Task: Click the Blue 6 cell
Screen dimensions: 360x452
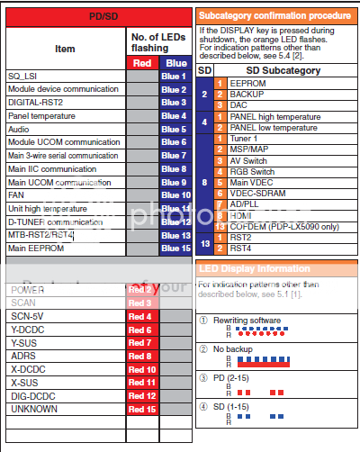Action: click(174, 142)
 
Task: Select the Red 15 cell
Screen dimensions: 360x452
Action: click(141, 410)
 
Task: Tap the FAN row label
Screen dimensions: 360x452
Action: click(17, 194)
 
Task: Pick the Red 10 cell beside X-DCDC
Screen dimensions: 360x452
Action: click(141, 369)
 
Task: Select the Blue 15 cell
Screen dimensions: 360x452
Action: click(174, 248)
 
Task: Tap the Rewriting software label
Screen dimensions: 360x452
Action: click(256, 320)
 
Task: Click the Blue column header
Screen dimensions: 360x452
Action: click(174, 63)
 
